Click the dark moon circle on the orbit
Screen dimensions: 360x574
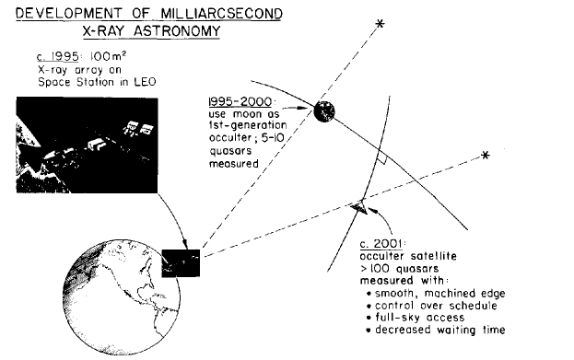pos(323,112)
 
